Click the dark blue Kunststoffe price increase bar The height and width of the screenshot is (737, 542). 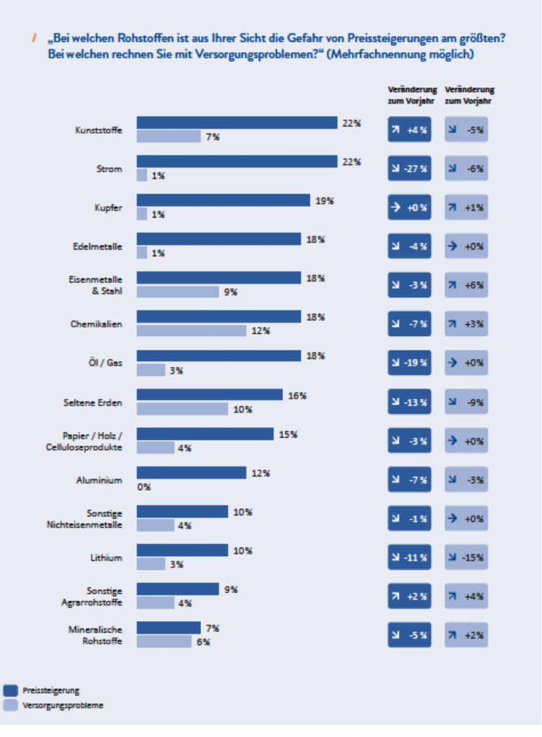click(x=237, y=122)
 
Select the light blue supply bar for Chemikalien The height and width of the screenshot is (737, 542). click(x=191, y=330)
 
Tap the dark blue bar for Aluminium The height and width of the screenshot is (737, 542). click(x=191, y=472)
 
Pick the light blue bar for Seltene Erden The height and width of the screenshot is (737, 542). click(x=182, y=409)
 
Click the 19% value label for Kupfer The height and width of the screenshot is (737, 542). click(x=325, y=201)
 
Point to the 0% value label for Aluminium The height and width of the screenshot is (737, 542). click(x=144, y=487)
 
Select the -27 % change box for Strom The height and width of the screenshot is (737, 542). click(x=410, y=168)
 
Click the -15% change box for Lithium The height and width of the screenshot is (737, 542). click(x=466, y=557)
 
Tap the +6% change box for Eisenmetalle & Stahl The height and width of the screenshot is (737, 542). click(x=466, y=285)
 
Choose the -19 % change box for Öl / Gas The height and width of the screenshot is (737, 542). click(x=410, y=363)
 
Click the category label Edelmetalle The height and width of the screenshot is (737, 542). click(x=97, y=246)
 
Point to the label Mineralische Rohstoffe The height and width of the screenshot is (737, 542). click(x=96, y=635)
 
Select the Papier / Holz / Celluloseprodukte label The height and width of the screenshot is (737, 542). click(x=84, y=441)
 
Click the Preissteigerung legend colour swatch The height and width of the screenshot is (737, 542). click(x=10, y=690)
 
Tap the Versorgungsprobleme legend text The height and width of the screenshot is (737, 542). click(x=63, y=705)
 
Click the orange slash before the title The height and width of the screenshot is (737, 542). click(x=34, y=38)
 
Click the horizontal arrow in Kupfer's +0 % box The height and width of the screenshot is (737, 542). click(x=396, y=207)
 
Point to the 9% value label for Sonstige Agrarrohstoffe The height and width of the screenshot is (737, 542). click(x=231, y=589)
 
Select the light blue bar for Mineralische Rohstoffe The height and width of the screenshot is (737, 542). click(x=164, y=641)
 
